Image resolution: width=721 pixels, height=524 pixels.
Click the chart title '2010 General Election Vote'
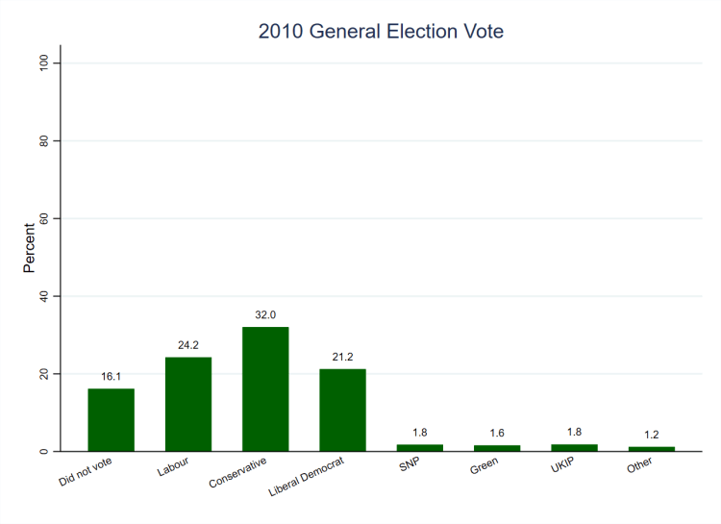pos(381,32)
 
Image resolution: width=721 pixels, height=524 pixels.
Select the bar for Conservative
pos(265,388)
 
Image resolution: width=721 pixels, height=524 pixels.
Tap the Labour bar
pos(188,404)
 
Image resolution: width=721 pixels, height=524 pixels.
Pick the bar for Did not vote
pos(112,419)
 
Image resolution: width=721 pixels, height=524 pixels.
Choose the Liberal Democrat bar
pos(342,410)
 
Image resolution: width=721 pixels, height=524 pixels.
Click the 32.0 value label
pos(265,314)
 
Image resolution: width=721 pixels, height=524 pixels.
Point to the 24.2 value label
pos(188,345)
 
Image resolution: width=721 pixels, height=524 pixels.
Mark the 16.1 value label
pos(112,377)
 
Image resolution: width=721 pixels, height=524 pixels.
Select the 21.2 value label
pos(342,357)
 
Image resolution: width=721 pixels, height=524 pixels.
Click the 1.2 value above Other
pos(651,435)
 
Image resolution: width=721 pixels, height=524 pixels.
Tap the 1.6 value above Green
pos(497,433)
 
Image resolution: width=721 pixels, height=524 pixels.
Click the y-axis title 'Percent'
pos(30,248)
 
